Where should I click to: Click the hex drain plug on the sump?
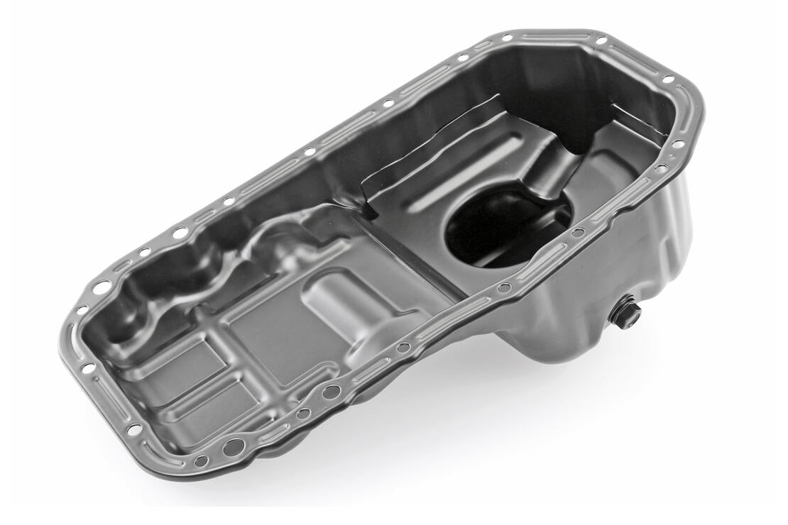625,313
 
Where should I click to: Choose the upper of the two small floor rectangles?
181,358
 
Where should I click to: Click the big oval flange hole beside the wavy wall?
102,287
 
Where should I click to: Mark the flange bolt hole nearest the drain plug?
579,232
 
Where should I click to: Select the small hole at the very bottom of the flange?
201,461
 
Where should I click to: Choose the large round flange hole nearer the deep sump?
331,391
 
